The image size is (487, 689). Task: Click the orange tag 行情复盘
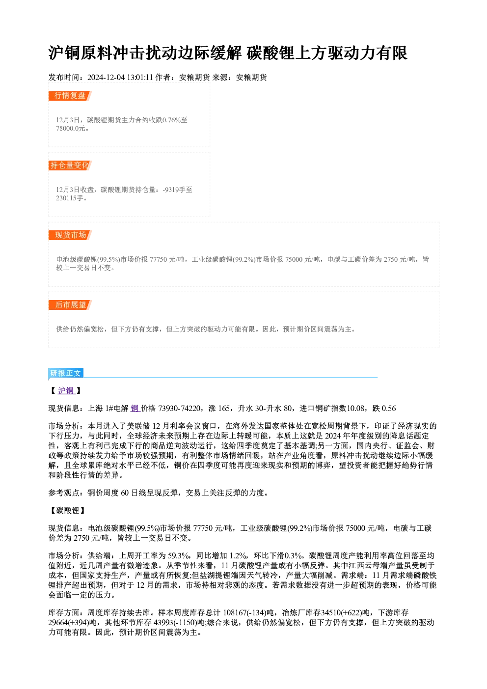(x=70, y=96)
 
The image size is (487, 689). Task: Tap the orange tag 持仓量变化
(x=70, y=165)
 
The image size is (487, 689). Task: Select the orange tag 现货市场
(x=70, y=235)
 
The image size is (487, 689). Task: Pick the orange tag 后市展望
(x=70, y=305)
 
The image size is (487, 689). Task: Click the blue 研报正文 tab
(x=66, y=373)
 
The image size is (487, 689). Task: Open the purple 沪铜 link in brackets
(x=66, y=390)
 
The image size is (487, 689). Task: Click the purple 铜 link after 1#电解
(x=135, y=408)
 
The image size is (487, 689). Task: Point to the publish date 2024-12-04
(x=106, y=78)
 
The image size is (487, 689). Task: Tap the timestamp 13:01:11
(x=140, y=78)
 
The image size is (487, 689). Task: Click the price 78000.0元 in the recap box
(x=70, y=129)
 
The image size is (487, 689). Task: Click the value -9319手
(x=174, y=190)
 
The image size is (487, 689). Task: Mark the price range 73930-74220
(x=180, y=409)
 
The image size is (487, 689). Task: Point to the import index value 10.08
(x=356, y=409)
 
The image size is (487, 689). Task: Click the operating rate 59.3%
(x=179, y=556)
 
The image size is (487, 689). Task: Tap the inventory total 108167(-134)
(x=244, y=613)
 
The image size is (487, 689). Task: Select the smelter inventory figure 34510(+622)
(x=341, y=613)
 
